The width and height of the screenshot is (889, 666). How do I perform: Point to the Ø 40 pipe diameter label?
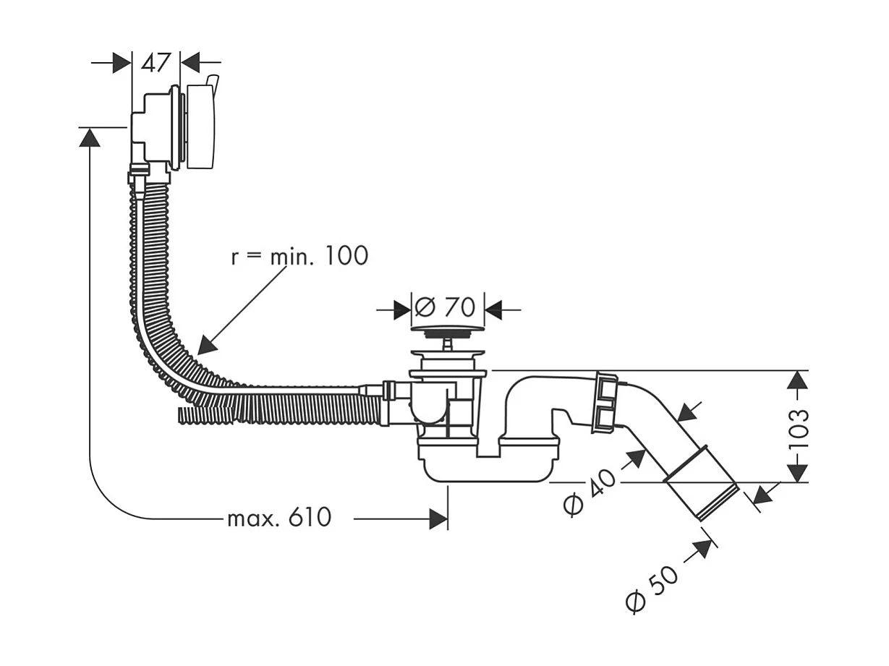coord(591,492)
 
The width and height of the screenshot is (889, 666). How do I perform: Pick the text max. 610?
coord(279,518)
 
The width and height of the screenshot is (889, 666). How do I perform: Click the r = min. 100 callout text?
coord(299,256)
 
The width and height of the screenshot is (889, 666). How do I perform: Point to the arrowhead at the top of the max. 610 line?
coord(90,137)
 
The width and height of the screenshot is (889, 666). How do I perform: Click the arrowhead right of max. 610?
coord(438,518)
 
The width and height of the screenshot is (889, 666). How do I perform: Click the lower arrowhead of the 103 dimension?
coord(797,472)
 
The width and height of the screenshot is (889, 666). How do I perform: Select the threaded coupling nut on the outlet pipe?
coord(604,402)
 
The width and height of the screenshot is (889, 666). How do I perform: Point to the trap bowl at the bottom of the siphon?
coord(489,466)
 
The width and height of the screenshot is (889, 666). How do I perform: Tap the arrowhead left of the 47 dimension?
coord(122,63)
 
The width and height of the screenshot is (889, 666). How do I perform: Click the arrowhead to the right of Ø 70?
coord(494,311)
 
